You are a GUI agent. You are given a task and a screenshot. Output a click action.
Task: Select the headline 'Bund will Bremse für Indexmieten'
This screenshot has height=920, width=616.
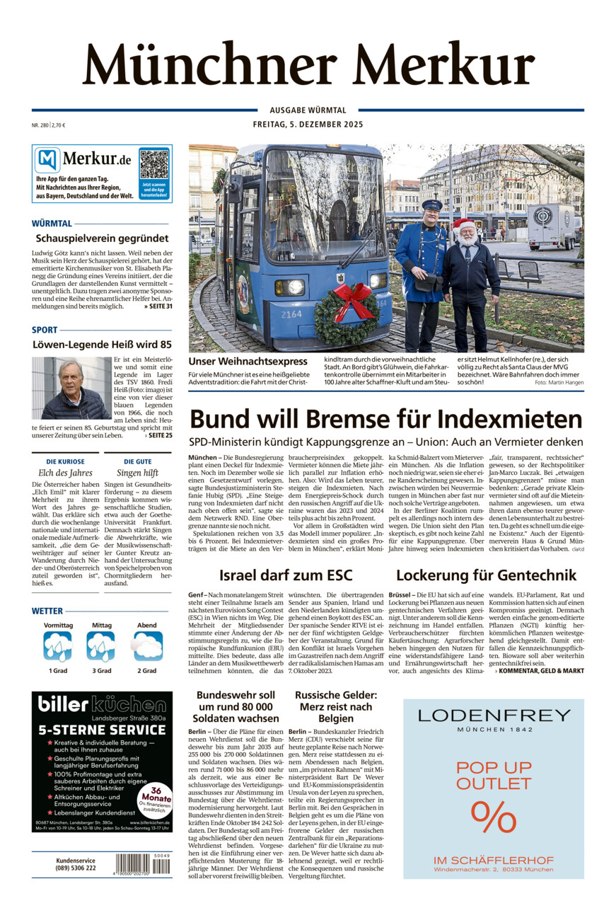pyautogui.click(x=385, y=419)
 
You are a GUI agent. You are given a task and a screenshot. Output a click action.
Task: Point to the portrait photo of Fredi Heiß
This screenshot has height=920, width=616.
pyautogui.click(x=71, y=388)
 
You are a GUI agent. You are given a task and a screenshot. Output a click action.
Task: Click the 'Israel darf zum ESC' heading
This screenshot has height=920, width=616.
pyautogui.click(x=286, y=575)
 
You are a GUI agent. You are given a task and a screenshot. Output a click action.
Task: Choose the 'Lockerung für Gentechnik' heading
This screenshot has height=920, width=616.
pyautogui.click(x=486, y=575)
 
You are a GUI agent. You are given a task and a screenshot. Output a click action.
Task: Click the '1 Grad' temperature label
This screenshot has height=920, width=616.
pyautogui.click(x=59, y=670)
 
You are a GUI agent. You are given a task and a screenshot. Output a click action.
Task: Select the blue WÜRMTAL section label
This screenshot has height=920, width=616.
pyautogui.click(x=52, y=224)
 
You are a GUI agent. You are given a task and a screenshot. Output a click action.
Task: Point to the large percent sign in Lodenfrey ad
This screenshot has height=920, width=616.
pyautogui.click(x=493, y=818)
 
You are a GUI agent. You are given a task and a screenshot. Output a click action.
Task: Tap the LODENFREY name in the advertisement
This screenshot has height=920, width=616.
pyautogui.click(x=494, y=715)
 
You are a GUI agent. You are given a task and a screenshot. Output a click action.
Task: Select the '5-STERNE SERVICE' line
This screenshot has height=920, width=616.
pyautogui.click(x=102, y=730)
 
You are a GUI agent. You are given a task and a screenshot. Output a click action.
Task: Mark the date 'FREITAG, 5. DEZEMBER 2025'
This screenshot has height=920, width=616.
pyautogui.click(x=308, y=125)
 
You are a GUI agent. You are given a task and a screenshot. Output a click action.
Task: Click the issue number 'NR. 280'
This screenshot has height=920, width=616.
pyautogui.click(x=40, y=125)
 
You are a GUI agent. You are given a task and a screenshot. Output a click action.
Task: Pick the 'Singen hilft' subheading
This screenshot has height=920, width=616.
pyautogui.click(x=137, y=473)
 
